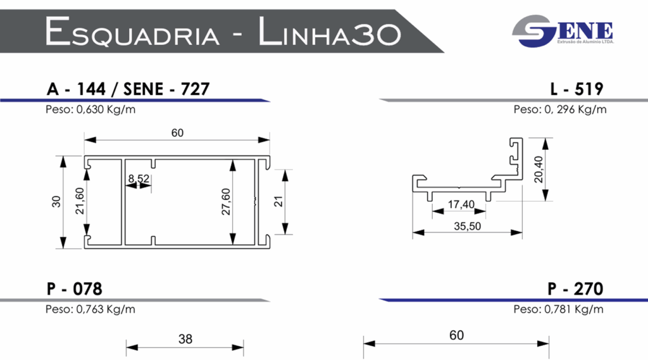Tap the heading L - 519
576,89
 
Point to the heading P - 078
74,289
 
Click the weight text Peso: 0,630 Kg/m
90,109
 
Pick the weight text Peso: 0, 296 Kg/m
559,109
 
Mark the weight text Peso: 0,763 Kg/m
90,309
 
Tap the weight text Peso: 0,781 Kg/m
558,309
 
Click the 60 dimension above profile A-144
177,133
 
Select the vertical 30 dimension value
56,202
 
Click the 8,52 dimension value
139,179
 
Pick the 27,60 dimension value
226,201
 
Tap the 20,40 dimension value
539,169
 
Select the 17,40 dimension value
461,204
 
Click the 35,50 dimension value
467,226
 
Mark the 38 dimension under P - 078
185,339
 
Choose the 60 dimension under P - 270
456,335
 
